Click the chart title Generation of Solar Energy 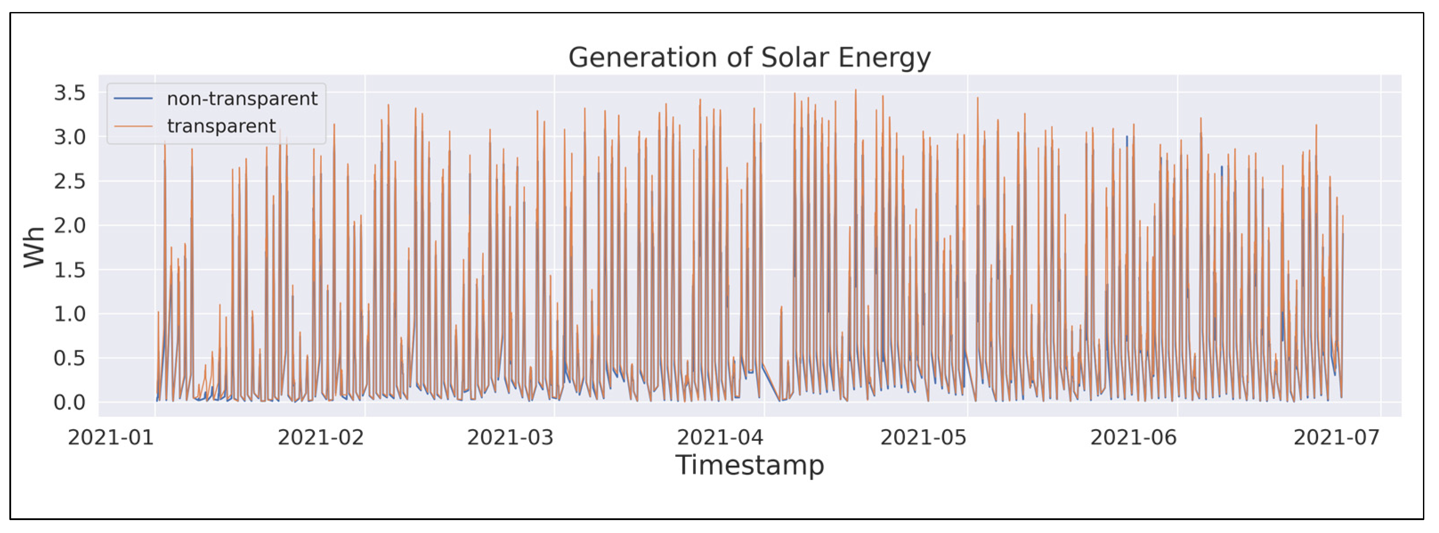749,57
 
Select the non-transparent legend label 242,99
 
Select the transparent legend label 221,126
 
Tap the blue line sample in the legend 133,99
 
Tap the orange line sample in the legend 133,126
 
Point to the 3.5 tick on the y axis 70,93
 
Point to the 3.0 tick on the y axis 70,137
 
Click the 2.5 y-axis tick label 70,181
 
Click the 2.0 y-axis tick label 70,225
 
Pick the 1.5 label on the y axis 70,270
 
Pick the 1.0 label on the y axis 70,314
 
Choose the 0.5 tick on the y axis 70,358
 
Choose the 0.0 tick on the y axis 70,402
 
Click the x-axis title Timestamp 749,465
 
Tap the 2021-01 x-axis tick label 110,437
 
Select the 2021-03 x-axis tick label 510,437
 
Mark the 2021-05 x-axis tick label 924,437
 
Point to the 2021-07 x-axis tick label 1336,437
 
